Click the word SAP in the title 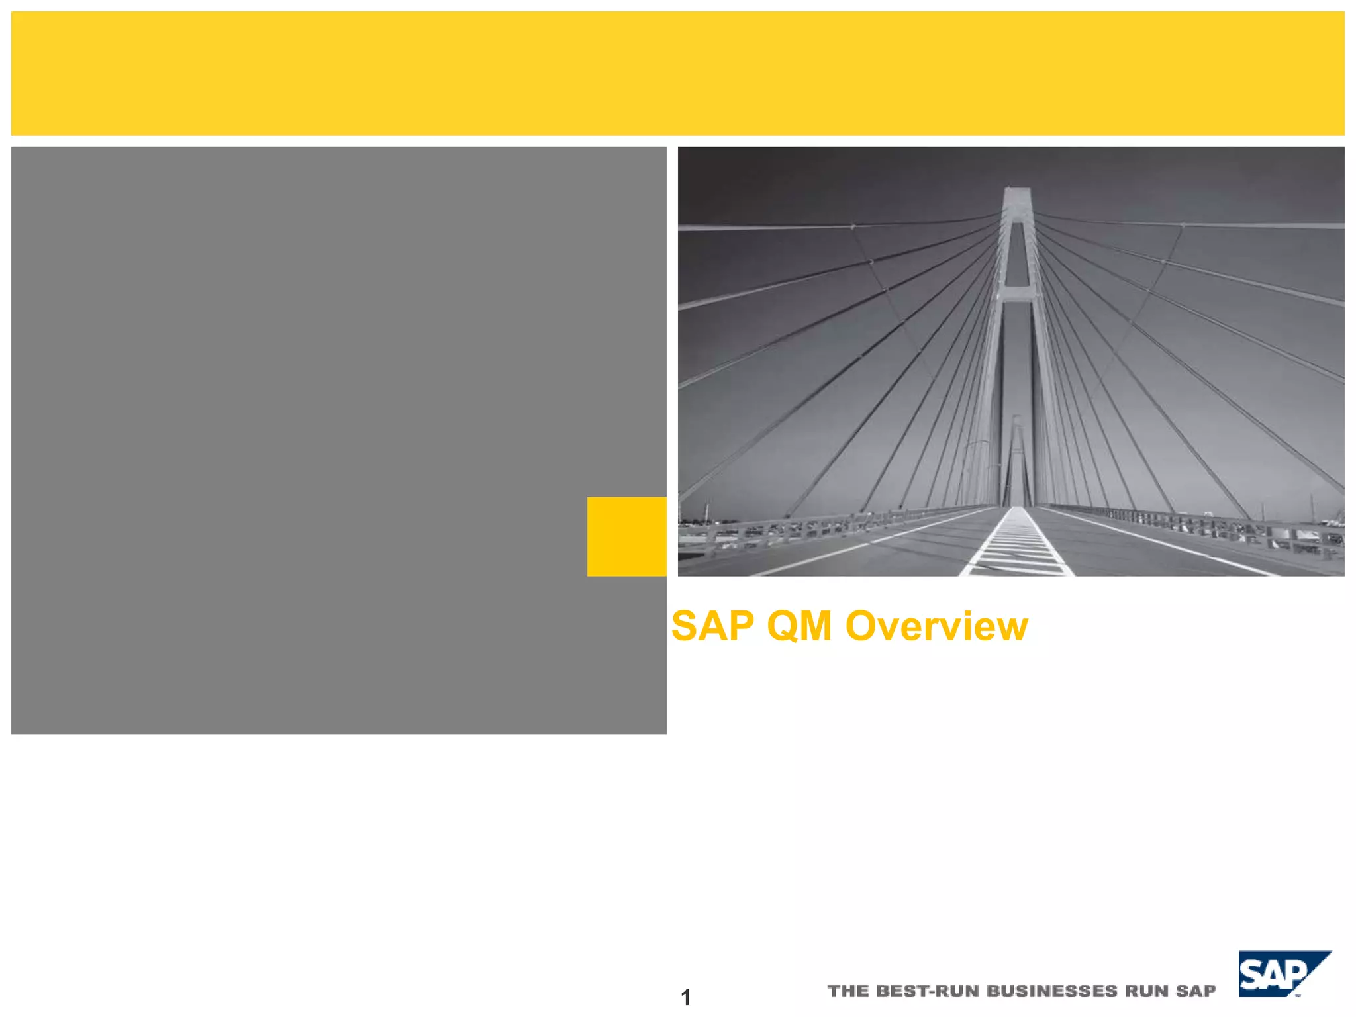[712, 626]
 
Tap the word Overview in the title [937, 626]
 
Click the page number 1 [686, 996]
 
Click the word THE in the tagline [847, 991]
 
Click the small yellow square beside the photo [626, 536]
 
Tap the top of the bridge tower [1017, 193]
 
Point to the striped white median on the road [1016, 546]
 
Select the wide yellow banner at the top [677, 73]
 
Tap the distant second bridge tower [1017, 457]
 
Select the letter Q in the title [782, 626]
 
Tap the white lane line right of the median [1165, 543]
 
